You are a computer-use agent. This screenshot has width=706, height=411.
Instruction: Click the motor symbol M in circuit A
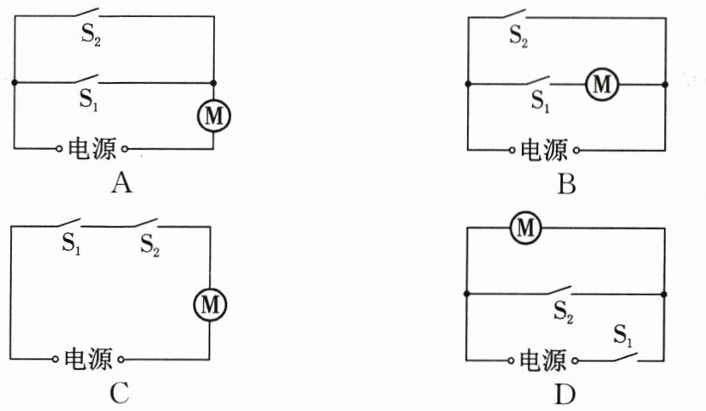[x=214, y=116]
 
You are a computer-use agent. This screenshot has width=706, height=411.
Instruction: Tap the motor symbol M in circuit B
[x=602, y=84]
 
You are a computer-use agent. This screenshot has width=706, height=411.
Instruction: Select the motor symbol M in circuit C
[x=210, y=305]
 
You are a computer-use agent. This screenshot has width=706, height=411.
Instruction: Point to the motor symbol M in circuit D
[x=525, y=228]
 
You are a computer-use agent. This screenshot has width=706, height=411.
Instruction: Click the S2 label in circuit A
[x=91, y=34]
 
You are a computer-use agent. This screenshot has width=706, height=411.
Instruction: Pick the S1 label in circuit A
[x=89, y=99]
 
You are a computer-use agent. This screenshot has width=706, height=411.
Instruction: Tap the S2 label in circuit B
[x=518, y=36]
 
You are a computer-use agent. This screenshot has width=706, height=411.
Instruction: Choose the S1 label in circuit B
[x=541, y=101]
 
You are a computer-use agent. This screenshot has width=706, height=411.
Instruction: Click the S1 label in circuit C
[x=72, y=243]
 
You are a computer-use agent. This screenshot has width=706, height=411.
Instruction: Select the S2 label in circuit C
[x=150, y=246]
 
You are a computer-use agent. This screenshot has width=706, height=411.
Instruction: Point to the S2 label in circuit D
[x=563, y=312]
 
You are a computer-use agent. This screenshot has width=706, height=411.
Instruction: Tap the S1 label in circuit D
[x=623, y=336]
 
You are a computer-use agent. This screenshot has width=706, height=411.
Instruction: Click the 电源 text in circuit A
[x=92, y=148]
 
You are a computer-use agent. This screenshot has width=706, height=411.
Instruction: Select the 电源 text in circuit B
[x=544, y=150]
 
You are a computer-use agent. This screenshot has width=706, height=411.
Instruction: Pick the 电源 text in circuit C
[x=87, y=360]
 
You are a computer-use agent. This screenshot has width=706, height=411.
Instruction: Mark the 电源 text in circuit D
[x=542, y=360]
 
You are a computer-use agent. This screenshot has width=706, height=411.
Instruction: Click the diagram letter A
[x=122, y=184]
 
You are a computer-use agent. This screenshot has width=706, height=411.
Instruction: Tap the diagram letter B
[x=566, y=185]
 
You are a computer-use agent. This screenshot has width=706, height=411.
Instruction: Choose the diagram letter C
[x=119, y=393]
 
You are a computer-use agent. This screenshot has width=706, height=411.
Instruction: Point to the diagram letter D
[x=565, y=396]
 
